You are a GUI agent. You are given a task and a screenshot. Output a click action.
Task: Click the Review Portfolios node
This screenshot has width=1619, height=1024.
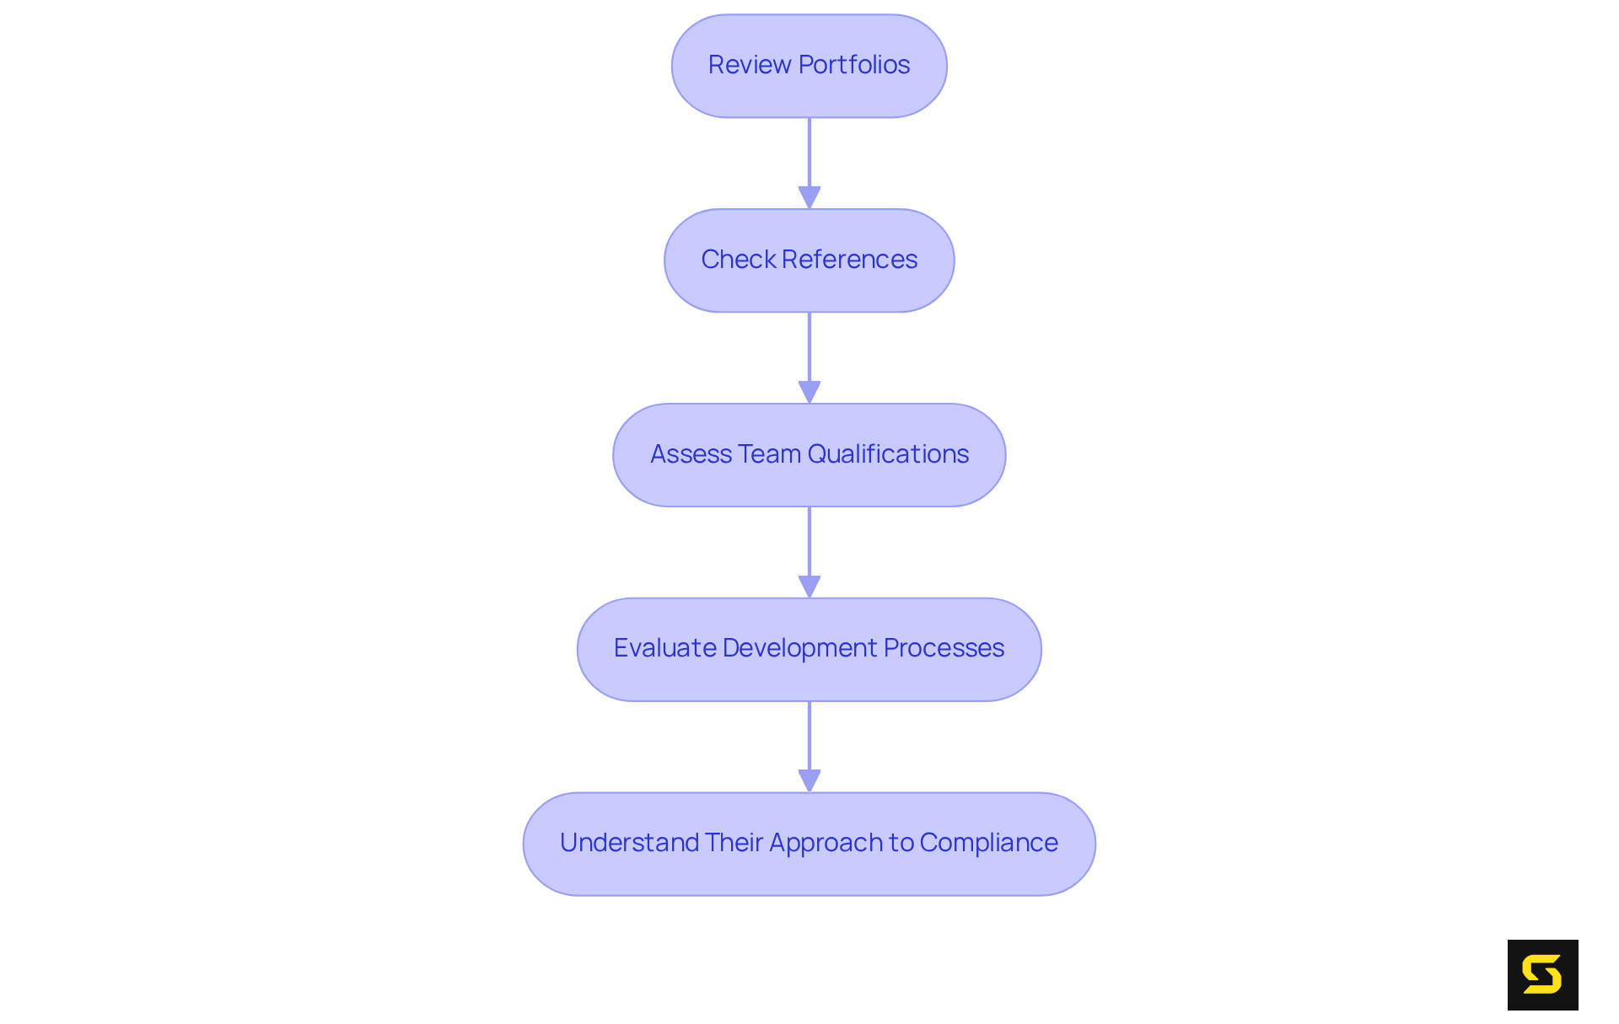[x=809, y=66]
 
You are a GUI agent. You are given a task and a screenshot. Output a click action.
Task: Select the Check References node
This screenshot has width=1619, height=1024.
[x=809, y=260]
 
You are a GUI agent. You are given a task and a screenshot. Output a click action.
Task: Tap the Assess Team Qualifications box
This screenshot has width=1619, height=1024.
[x=809, y=455]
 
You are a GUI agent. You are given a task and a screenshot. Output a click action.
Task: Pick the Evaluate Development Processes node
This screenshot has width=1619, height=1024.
[x=809, y=650]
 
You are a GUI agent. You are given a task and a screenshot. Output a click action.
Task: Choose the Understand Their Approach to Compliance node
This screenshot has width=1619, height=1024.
[x=809, y=844]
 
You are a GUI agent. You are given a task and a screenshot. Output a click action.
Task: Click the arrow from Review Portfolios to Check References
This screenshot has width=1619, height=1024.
[x=809, y=163]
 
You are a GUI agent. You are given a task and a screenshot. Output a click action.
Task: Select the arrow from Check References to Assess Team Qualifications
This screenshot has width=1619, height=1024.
[x=809, y=357]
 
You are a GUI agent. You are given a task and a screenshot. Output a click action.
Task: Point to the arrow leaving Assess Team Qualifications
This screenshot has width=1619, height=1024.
[x=809, y=552]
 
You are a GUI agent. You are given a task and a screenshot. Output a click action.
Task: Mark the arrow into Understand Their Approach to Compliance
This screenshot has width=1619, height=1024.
[x=809, y=747]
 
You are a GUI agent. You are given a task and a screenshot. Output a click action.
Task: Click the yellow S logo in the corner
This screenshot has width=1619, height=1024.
[x=1542, y=975]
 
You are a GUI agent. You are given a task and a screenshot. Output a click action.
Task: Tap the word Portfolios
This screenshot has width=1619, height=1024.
[x=854, y=65]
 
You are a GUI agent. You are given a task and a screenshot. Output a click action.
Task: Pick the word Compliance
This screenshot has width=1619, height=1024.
[x=988, y=843]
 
